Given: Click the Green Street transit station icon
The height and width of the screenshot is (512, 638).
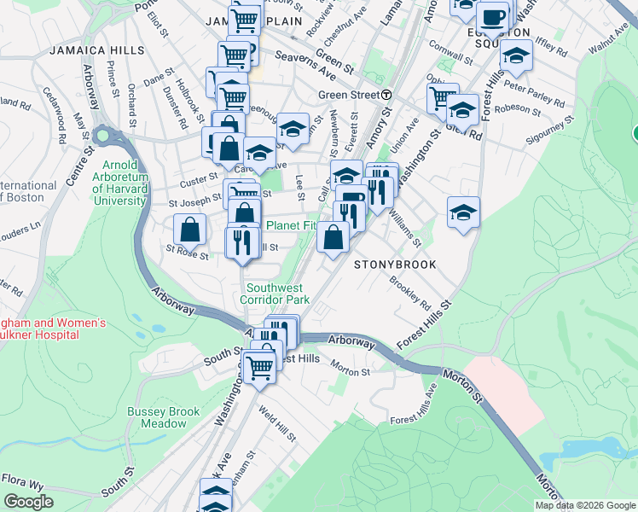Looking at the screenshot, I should click(x=386, y=95).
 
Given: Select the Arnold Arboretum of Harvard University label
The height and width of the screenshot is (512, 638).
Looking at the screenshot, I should click(x=125, y=183).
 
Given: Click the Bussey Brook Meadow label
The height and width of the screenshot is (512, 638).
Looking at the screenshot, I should click(x=163, y=417).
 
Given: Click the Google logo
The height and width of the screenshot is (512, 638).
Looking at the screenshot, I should click(x=28, y=502).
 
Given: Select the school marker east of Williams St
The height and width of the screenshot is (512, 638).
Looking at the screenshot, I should click(x=463, y=213).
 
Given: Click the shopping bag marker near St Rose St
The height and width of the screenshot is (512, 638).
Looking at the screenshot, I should click(x=189, y=230).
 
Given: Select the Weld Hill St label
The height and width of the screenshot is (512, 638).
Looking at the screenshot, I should click(x=278, y=424).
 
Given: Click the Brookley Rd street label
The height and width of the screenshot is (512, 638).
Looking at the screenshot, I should click(x=410, y=291).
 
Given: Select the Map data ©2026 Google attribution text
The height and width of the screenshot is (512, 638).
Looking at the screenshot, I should click(x=584, y=505).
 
